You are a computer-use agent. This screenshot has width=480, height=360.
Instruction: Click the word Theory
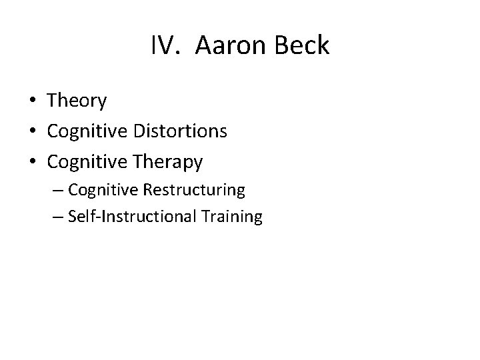77,101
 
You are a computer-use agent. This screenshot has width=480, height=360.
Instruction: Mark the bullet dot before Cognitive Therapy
32,162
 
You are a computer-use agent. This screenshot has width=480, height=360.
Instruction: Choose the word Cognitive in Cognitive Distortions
89,131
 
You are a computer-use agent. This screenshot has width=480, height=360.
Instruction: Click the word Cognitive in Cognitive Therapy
89,161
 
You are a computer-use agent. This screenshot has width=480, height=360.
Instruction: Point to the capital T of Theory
53,101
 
